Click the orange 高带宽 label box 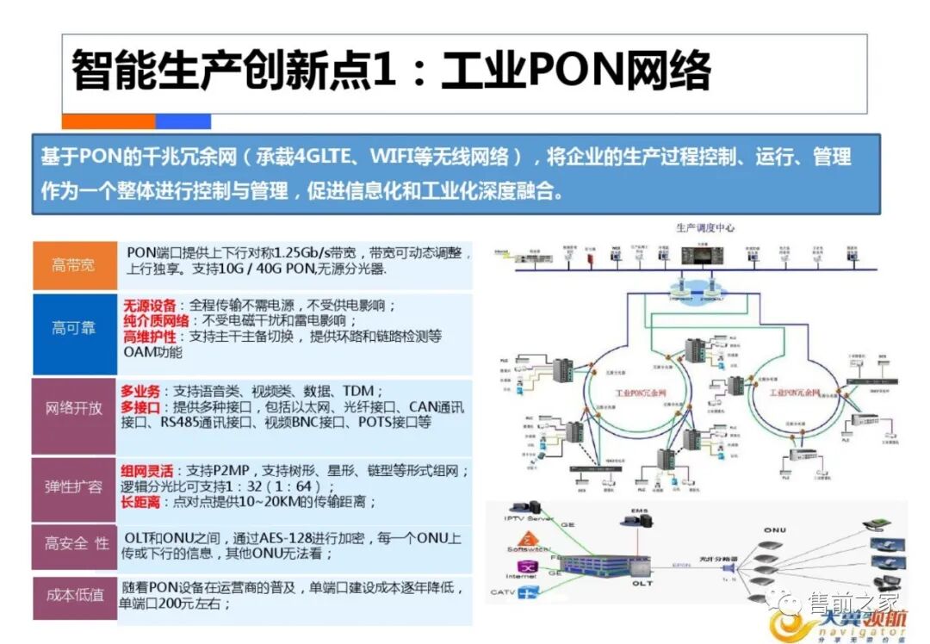[x=73, y=265]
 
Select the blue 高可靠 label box [x=73, y=328]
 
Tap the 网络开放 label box [x=73, y=408]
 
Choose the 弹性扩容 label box [x=73, y=486]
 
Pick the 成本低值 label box [x=74, y=594]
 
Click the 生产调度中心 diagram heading [x=698, y=228]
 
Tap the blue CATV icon [x=525, y=592]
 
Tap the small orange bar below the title [x=108, y=121]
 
